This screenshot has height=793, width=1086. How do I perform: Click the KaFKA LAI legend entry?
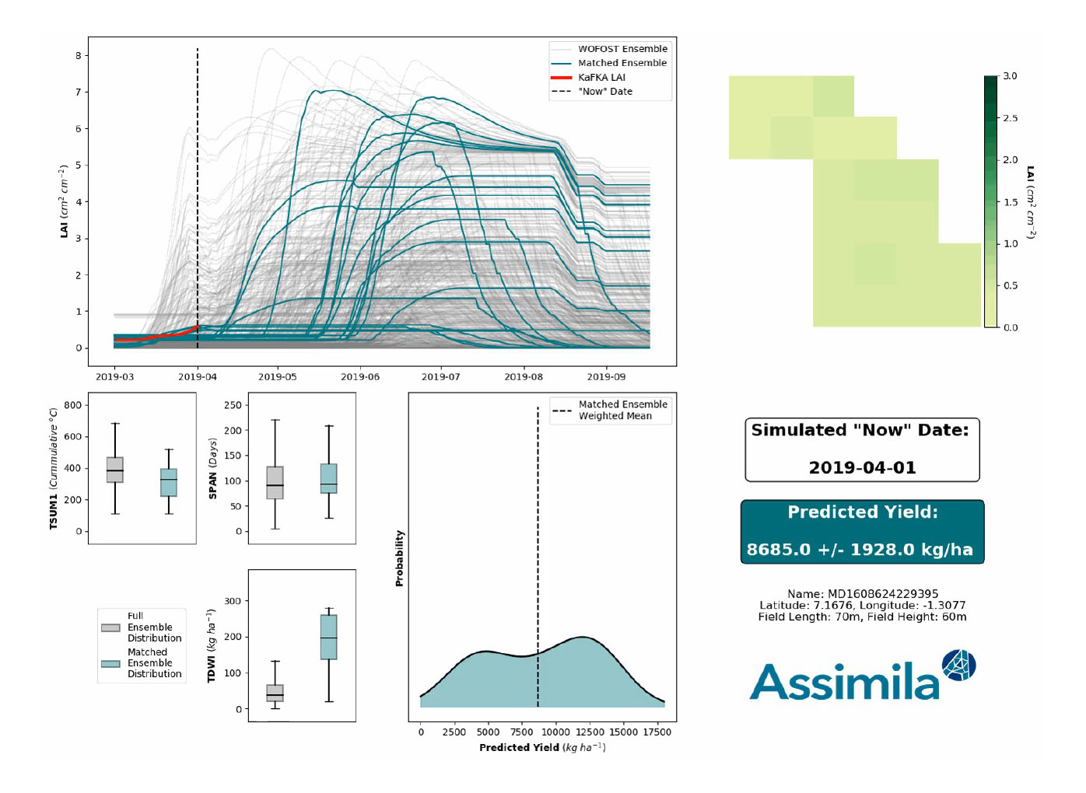pyautogui.click(x=601, y=77)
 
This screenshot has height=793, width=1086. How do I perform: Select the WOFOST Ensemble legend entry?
pyautogui.click(x=622, y=49)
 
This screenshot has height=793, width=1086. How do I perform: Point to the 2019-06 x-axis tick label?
pyautogui.click(x=360, y=377)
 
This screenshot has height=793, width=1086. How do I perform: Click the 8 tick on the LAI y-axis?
pyautogui.click(x=79, y=56)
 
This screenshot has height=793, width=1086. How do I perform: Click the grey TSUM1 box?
pyautogui.click(x=115, y=470)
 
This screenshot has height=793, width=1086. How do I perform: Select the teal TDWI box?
pyautogui.click(x=328, y=637)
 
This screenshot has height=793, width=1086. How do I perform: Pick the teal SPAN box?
pyautogui.click(x=328, y=478)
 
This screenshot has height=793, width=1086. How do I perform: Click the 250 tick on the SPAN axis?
pyautogui.click(x=232, y=405)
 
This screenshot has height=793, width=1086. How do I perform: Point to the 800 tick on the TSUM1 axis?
pyautogui.click(x=72, y=405)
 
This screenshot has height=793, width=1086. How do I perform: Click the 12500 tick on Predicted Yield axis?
pyautogui.click(x=590, y=732)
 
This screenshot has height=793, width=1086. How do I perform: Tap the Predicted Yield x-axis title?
pyautogui.click(x=541, y=748)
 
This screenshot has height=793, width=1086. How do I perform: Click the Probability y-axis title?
pyautogui.click(x=400, y=558)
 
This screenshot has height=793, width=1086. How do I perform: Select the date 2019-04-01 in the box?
pyautogui.click(x=862, y=468)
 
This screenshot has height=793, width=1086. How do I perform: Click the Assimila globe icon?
pyautogui.click(x=958, y=665)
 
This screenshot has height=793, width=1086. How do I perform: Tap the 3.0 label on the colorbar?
pyautogui.click(x=1010, y=76)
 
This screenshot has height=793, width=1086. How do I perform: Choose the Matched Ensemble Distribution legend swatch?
pyautogui.click(x=110, y=663)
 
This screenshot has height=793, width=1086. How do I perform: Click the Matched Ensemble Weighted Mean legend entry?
pyautogui.click(x=622, y=410)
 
